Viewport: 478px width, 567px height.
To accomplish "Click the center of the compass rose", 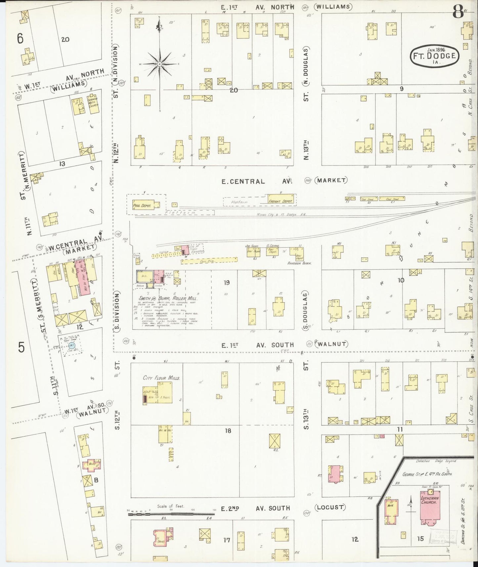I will pyautogui.click(x=159, y=64).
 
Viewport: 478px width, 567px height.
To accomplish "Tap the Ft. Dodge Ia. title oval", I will pyautogui.click(x=435, y=55).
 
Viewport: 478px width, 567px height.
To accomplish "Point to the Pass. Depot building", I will pyautogui.click(x=142, y=205).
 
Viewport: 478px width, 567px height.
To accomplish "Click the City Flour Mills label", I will pyautogui.click(x=161, y=378).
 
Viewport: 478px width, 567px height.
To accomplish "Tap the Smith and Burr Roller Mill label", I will pyautogui.click(x=168, y=298).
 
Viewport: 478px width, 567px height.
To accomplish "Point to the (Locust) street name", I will pyautogui.click(x=330, y=507).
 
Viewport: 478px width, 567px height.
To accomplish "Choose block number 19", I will pyautogui.click(x=227, y=283).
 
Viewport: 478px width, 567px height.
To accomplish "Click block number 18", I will pyautogui.click(x=228, y=431).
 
